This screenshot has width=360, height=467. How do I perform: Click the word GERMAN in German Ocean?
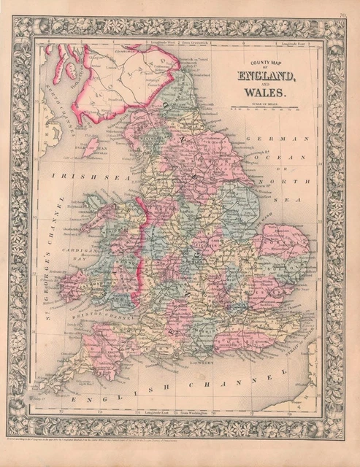(x=266, y=139)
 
